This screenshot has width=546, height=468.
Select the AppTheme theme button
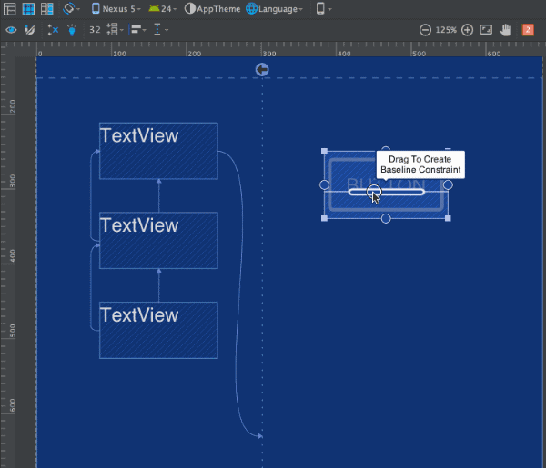pos(212,8)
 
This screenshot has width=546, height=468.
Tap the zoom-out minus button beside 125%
pos(425,30)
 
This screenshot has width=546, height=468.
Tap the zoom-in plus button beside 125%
pos(468,30)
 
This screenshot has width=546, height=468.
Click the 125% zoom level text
pos(446,30)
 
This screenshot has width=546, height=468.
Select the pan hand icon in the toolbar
pos(505,30)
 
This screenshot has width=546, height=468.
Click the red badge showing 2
pos(528,30)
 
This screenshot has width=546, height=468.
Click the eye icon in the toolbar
pos(11,30)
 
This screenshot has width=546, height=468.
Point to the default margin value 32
pos(96,30)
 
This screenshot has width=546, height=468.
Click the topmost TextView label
pos(139,136)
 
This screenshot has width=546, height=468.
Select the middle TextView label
pos(139,225)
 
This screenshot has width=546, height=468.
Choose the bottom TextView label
pos(139,315)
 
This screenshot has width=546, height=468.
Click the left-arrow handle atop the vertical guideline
pos(262,70)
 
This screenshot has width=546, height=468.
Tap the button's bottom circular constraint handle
pos(386,218)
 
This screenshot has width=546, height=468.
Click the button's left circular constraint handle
pos(325,184)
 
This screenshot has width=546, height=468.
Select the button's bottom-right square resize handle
pos(448,218)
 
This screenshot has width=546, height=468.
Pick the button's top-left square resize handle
pos(325,152)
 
